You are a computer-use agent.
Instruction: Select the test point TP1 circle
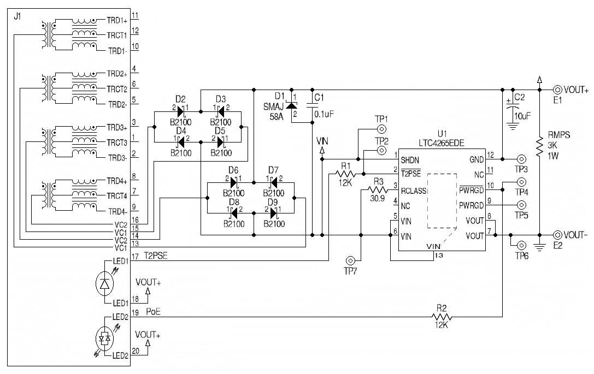point(381,130)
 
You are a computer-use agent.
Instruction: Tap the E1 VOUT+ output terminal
point(557,90)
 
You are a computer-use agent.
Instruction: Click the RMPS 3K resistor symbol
point(539,144)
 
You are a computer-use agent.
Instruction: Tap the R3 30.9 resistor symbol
point(377,189)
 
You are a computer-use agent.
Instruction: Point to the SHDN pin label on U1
point(411,161)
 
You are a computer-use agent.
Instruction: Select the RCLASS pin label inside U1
point(413,191)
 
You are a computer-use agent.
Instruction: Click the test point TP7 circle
point(351,260)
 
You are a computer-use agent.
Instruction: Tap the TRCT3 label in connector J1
point(117,143)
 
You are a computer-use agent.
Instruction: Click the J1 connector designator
point(16,17)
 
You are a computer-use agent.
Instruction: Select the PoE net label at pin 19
point(154,312)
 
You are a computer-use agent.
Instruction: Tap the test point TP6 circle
point(520,246)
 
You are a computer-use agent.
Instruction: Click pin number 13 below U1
point(438,255)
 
